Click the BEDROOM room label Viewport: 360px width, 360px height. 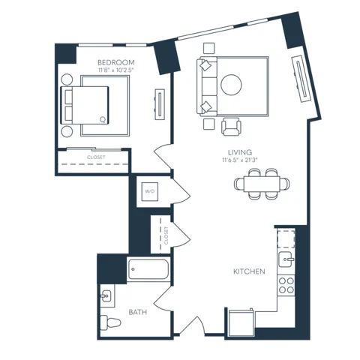coord(116,62)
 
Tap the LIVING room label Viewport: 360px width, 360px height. coord(240,152)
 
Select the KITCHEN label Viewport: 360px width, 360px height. coord(249,271)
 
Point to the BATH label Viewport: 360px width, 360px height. coord(138,312)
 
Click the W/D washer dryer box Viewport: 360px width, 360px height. coord(150,191)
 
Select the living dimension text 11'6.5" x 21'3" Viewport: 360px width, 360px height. coord(240,160)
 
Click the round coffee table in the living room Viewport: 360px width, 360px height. coord(231,85)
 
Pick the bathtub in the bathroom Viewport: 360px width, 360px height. coord(148,269)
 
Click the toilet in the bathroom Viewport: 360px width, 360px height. coord(110,322)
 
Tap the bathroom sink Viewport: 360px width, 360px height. coord(106,296)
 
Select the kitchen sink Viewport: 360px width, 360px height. coord(286,259)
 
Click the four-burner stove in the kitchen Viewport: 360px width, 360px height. coord(286,285)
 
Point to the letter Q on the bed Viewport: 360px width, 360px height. coord(103,119)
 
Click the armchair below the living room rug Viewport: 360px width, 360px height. coord(231,127)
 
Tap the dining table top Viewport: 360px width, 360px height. coord(262,184)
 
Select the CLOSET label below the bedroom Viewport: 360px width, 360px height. coord(96,157)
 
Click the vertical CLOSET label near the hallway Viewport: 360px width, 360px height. coord(166,235)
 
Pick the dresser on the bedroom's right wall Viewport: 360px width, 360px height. coord(160,104)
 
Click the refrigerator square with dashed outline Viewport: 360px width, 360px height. coord(286,239)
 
